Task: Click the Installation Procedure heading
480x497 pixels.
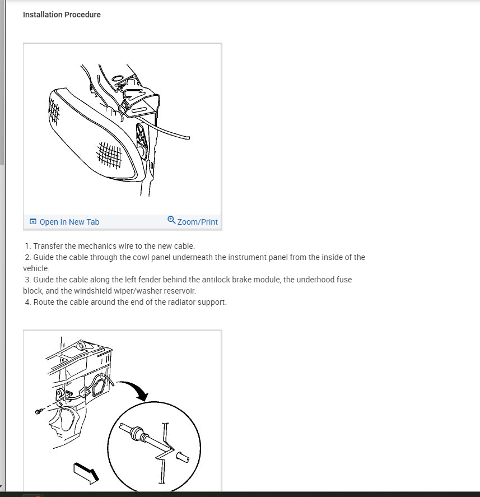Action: coord(62,15)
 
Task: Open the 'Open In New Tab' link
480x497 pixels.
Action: coord(69,222)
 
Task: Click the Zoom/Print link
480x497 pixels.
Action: coord(197,222)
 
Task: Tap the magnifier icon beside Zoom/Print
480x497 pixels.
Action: coord(171,220)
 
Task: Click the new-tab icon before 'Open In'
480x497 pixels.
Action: coord(33,222)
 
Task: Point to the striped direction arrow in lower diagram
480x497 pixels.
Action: coord(87,472)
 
